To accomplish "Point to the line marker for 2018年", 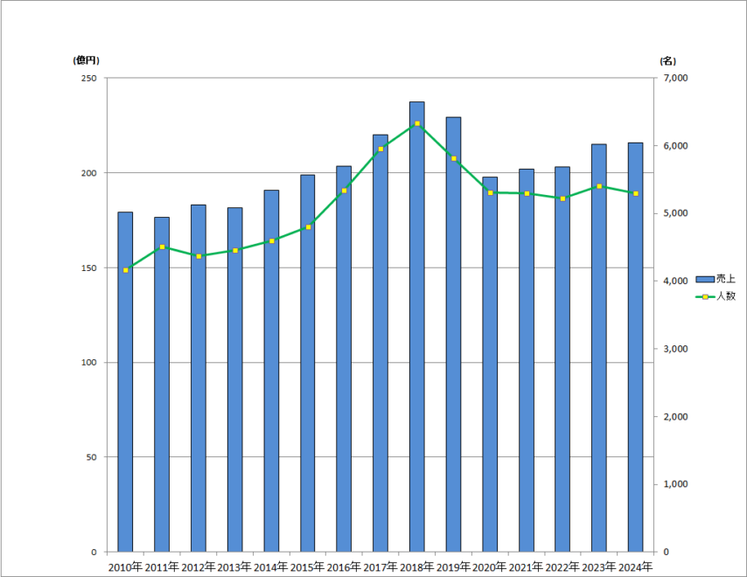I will (417, 123).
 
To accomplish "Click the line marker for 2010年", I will (126, 270).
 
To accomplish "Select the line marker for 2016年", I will (344, 190).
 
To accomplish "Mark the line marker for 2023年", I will (599, 186).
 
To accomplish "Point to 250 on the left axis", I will (88, 79).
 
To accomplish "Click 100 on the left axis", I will (88, 363).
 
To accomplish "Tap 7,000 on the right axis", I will (676, 79).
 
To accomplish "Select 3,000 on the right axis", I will (676, 349).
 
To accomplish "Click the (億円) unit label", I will (87, 60).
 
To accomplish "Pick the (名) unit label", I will (667, 60).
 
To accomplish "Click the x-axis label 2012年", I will (199, 567).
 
